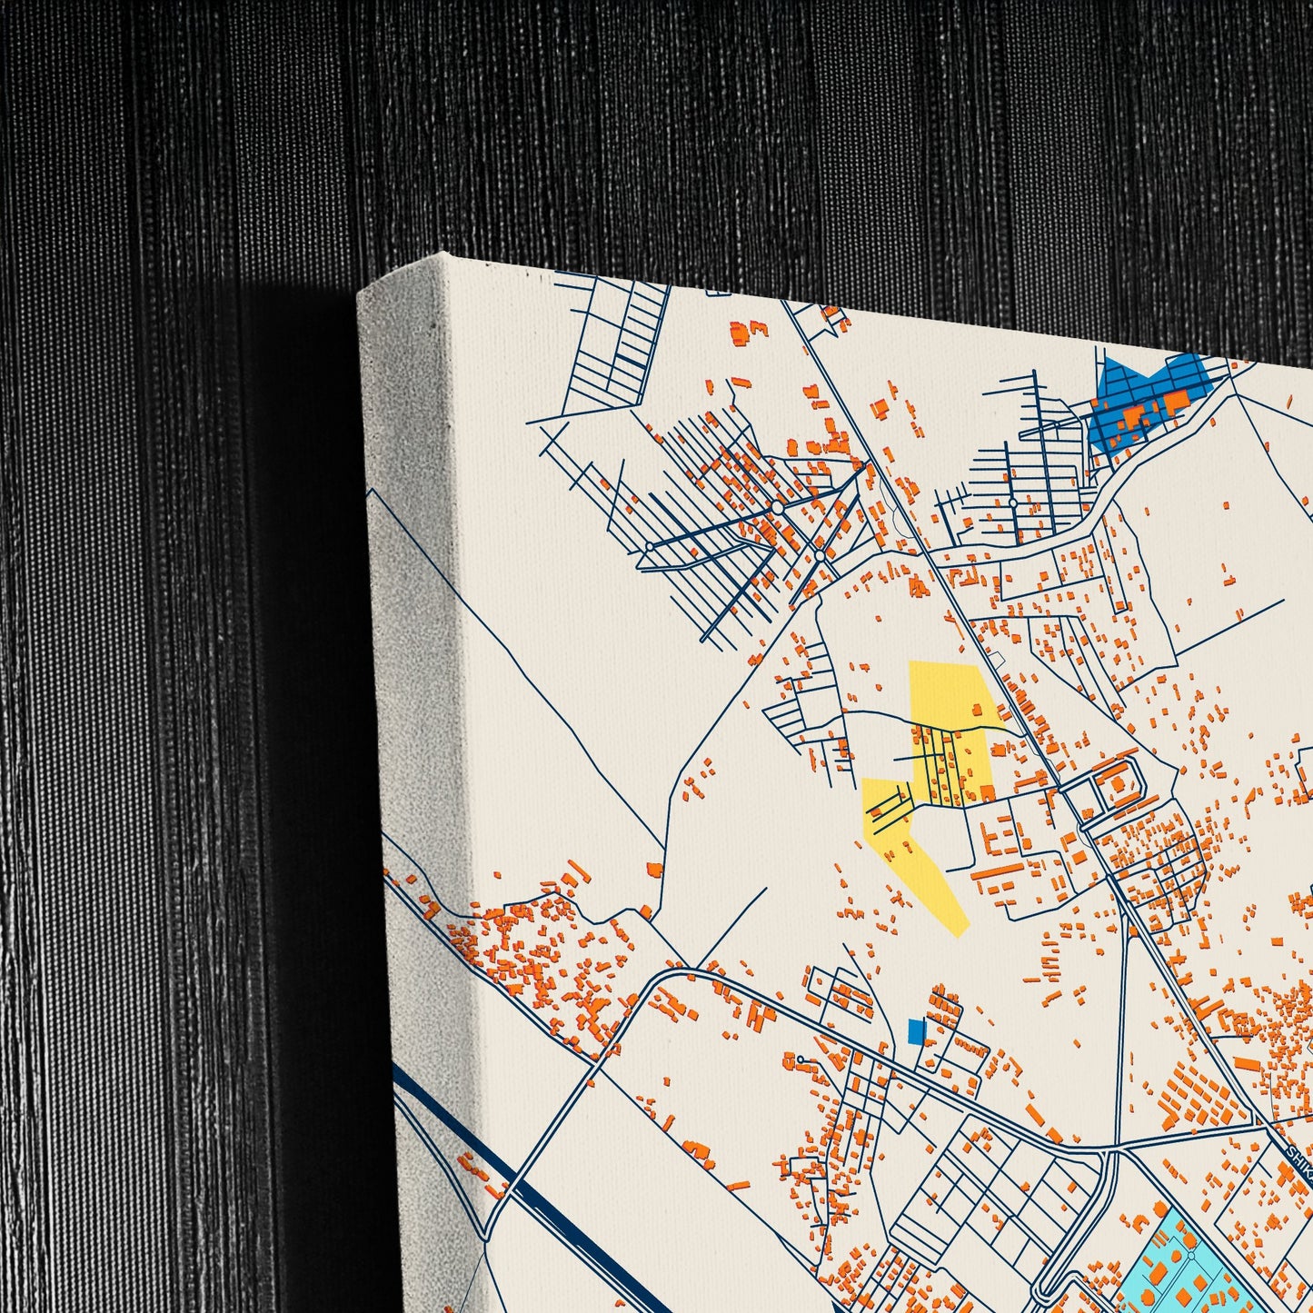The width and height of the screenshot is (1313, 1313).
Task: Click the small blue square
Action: [x=916, y=1031]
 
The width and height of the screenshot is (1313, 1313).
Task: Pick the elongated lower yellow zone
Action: [x=913, y=859]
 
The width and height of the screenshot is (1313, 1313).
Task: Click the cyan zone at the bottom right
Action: [x=1181, y=1263]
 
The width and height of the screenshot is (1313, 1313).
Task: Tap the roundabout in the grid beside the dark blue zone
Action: [x=1011, y=502]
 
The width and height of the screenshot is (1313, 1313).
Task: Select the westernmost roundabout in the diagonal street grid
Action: [x=649, y=546]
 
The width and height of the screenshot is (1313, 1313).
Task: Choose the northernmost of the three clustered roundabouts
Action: [x=779, y=509]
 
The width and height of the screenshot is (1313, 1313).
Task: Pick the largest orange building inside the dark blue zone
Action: [x=1176, y=399]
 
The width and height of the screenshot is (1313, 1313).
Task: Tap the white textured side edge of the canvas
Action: [x=418, y=636]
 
